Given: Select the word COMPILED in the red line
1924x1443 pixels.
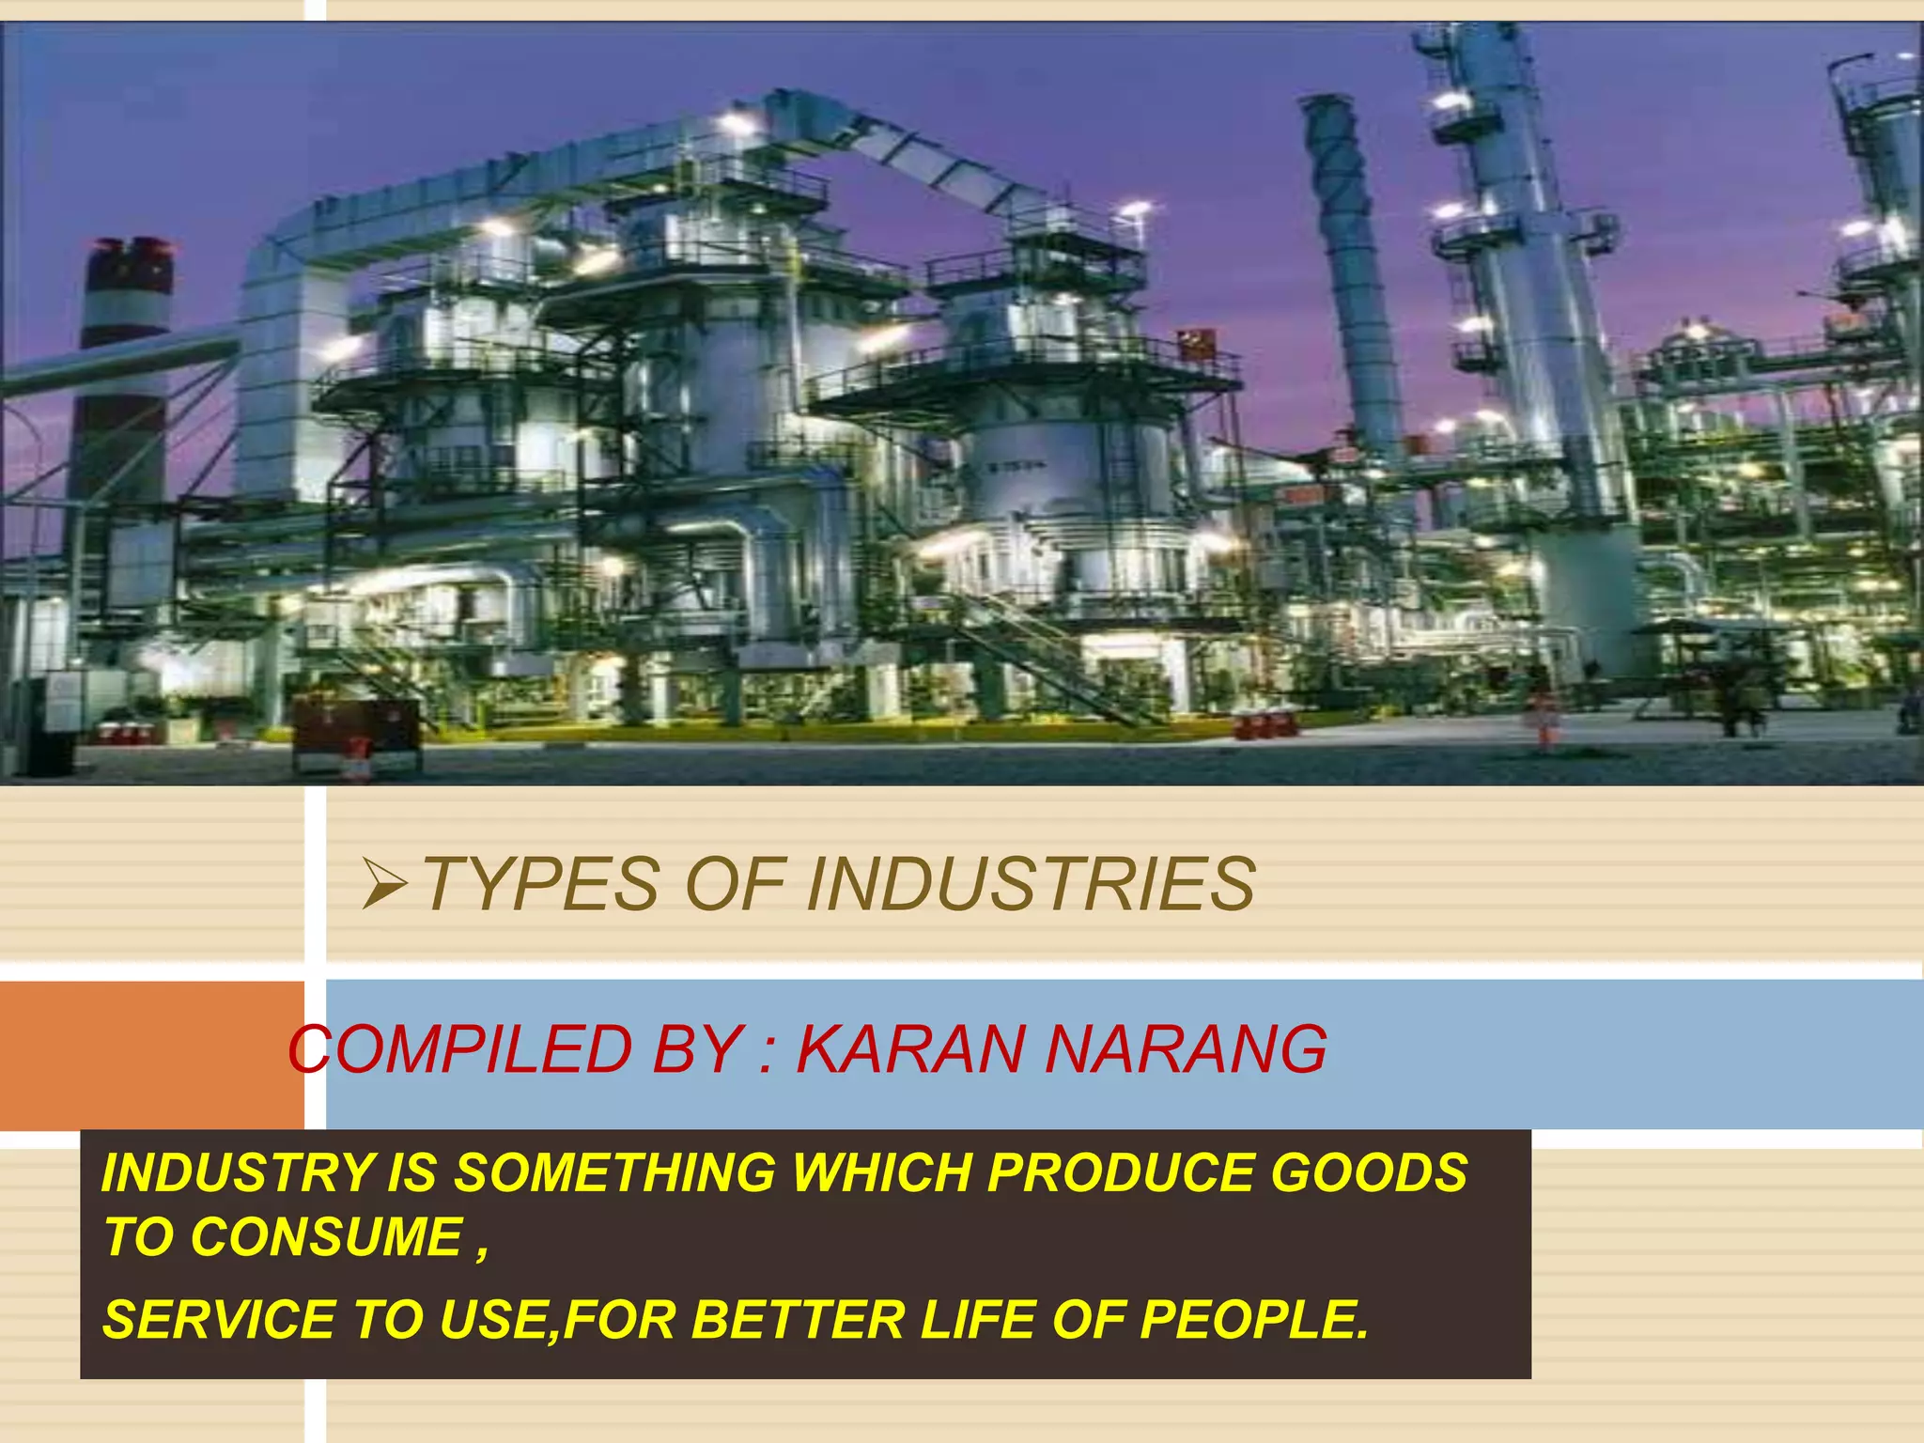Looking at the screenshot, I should click(x=460, y=1049).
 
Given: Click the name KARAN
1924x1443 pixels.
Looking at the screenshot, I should click(x=909, y=1049).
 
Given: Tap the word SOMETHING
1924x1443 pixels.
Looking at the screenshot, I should click(x=615, y=1173).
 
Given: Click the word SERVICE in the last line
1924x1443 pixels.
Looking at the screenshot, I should click(x=219, y=1320).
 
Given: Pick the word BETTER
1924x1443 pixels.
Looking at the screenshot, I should click(x=798, y=1320).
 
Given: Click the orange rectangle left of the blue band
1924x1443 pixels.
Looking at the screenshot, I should click(x=150, y=1054).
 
